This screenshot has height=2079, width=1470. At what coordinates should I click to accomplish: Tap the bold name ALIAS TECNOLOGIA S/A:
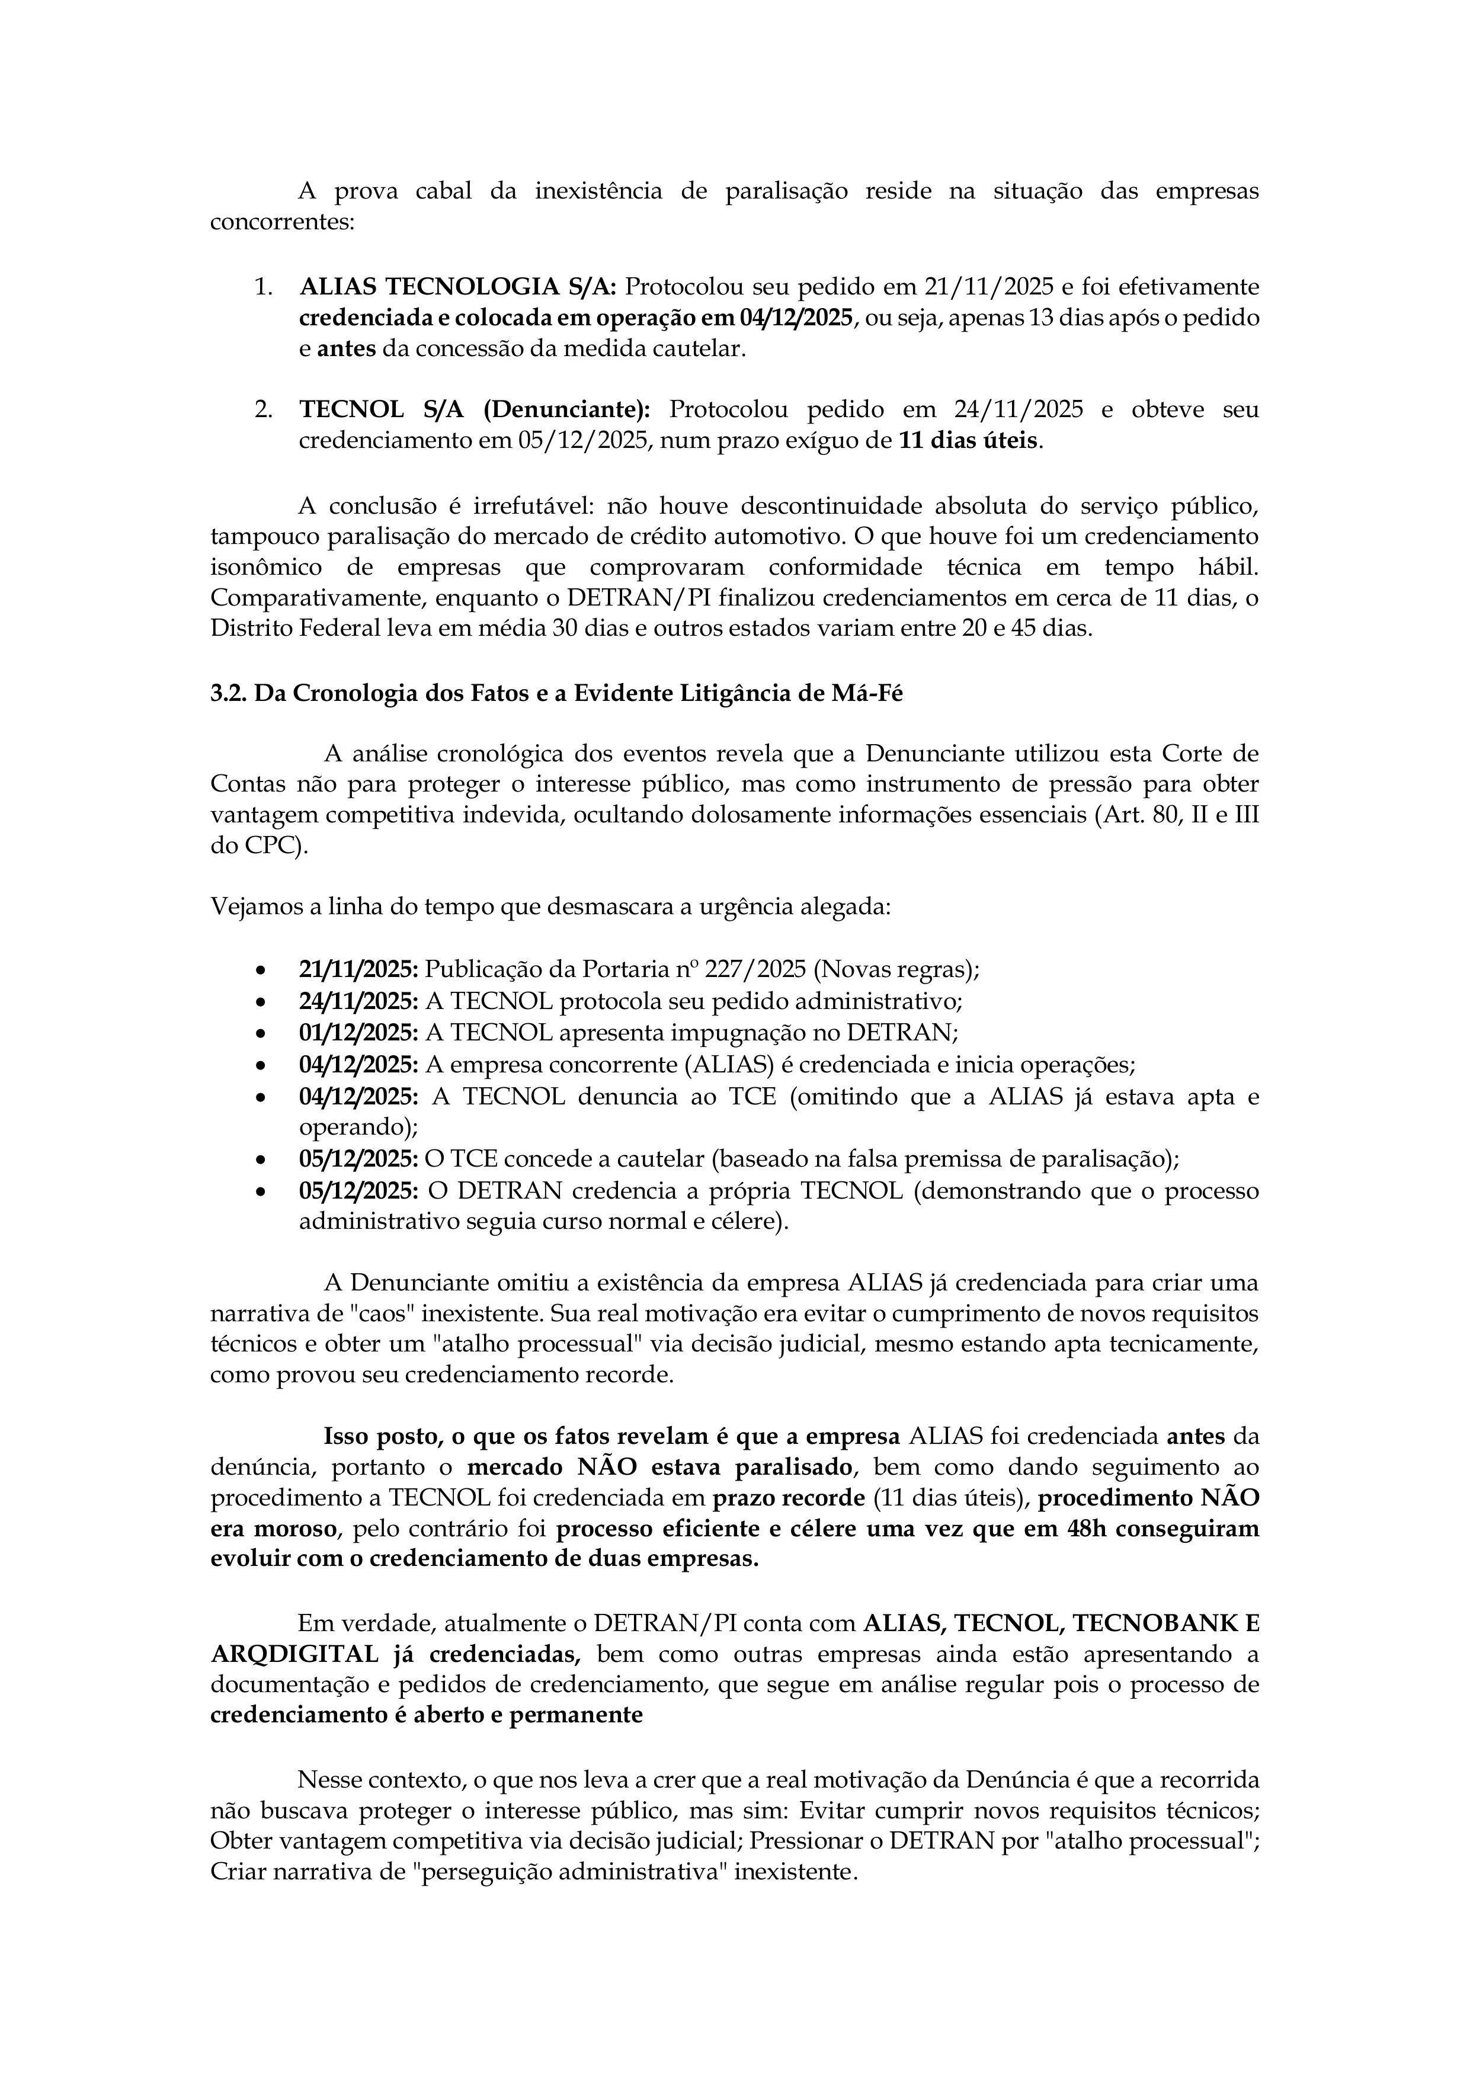tap(457, 287)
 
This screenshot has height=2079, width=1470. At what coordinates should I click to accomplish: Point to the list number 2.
tap(262, 409)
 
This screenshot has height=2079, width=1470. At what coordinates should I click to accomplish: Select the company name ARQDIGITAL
tap(293, 1654)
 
